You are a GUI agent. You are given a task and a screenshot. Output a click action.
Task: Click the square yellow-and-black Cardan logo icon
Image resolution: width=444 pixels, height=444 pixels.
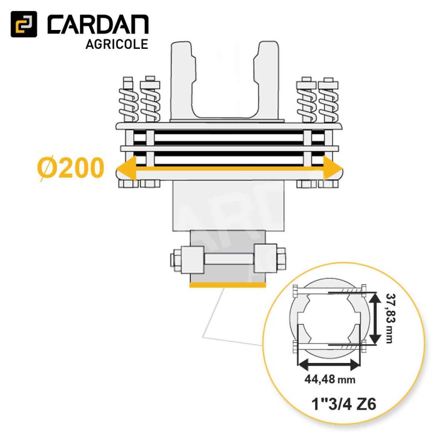click(x=24, y=24)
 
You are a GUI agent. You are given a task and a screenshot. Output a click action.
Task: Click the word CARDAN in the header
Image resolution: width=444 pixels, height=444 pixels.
click(x=98, y=24)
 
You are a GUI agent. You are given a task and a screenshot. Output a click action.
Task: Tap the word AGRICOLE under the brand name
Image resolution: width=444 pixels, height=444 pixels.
click(x=117, y=44)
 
